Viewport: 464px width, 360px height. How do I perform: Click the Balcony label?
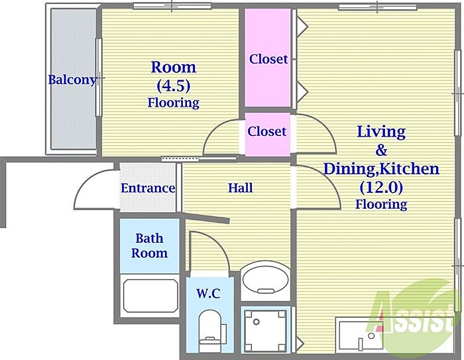pos(72,80)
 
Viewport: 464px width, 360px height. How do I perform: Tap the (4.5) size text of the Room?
pos(174,86)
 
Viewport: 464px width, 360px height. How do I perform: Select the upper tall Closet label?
pos(268,59)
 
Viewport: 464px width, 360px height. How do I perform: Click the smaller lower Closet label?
pos(267,131)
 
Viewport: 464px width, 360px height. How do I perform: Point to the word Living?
pos(381,132)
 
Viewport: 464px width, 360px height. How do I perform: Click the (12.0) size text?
pos(381,187)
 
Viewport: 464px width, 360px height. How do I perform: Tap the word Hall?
pos(240,188)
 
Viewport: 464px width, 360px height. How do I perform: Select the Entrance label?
pos(148,188)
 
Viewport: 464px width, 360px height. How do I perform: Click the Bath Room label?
pos(149,245)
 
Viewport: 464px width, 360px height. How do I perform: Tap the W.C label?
pos(209,293)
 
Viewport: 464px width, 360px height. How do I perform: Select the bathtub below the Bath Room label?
pos(150,296)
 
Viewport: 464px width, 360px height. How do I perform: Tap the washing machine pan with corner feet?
pos(265,330)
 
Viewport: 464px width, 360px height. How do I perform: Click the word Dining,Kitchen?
pos(381,169)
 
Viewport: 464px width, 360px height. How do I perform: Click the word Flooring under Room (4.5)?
pos(174,103)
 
